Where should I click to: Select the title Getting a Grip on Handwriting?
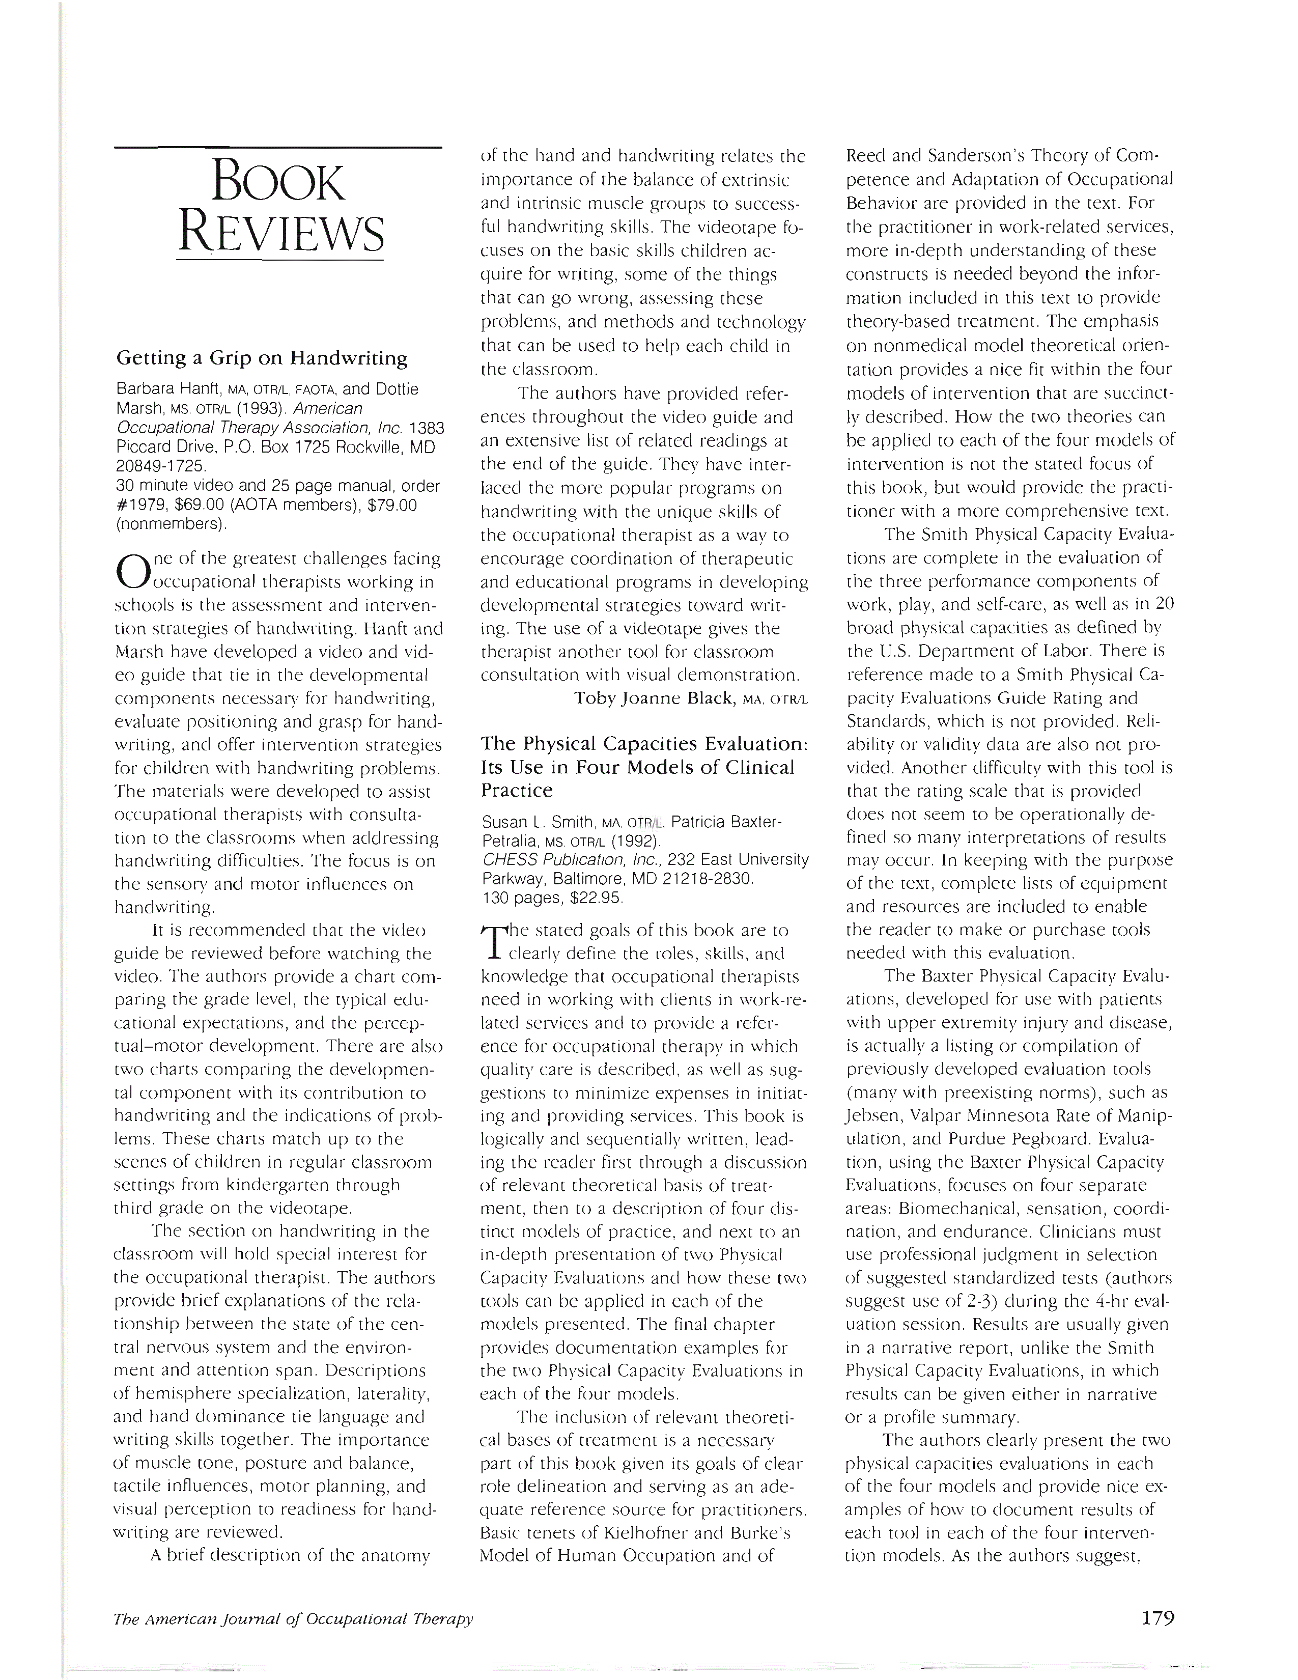click(262, 358)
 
